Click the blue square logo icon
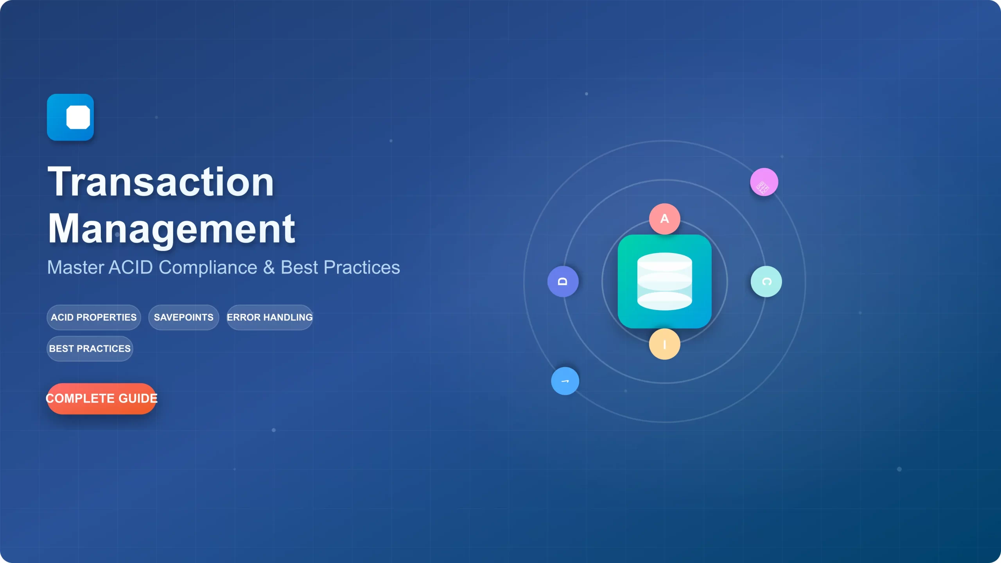[70, 117]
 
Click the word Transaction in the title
[161, 182]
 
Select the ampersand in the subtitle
[269, 268]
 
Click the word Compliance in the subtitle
[208, 268]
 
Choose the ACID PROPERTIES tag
[94, 317]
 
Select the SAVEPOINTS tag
[184, 317]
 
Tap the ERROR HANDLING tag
[270, 317]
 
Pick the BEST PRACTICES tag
[90, 349]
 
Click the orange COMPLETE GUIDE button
[102, 398]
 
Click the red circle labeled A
[665, 219]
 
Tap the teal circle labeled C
[766, 281]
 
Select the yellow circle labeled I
[665, 344]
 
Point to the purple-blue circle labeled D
[563, 281]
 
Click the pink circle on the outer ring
[764, 182]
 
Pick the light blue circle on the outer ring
[565, 381]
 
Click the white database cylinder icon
[665, 281]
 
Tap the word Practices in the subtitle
[362, 268]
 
